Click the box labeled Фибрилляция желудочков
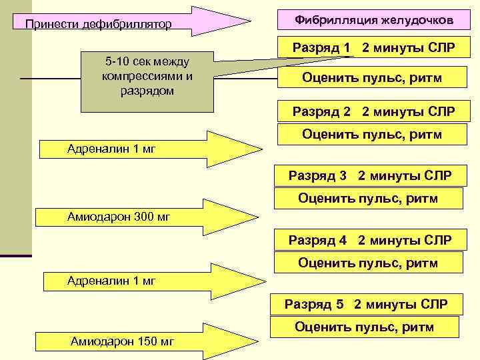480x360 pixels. coord(373,21)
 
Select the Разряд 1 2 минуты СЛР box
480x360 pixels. coord(373,49)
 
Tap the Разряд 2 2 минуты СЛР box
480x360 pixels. coord(373,111)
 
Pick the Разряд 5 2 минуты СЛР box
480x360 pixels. coord(365,305)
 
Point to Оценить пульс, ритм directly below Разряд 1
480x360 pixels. coord(372,79)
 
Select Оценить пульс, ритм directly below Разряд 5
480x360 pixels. coord(364,327)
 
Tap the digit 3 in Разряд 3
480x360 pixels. coord(343,176)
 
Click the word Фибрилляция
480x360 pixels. coord(337,21)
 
